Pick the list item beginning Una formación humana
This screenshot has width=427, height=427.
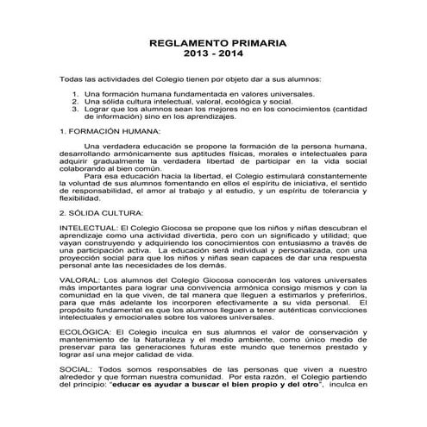point(181,92)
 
